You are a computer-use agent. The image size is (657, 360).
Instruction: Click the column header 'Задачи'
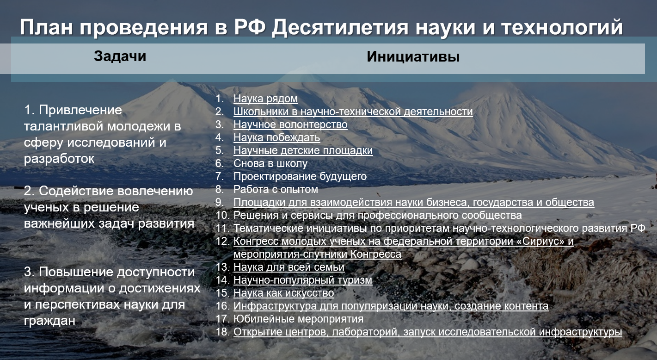[x=120, y=56]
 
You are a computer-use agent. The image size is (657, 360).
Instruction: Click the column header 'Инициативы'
[x=413, y=56]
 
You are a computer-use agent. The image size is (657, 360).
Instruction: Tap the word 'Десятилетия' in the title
[x=340, y=27]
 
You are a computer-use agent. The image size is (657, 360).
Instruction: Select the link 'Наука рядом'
[x=265, y=99]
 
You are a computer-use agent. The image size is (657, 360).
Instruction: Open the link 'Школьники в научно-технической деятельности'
[x=353, y=112]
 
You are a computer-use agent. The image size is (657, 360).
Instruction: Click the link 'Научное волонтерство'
[x=290, y=124]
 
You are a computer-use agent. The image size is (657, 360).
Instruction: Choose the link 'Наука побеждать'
[x=276, y=137]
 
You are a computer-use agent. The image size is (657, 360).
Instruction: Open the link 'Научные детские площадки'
[x=303, y=150]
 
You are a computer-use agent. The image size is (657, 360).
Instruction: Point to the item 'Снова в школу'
[x=270, y=163]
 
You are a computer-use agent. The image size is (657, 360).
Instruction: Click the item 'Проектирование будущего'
[x=300, y=176]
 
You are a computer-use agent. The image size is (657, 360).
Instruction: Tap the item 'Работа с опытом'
[x=276, y=189]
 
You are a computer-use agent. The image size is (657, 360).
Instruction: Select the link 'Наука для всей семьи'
[x=289, y=267]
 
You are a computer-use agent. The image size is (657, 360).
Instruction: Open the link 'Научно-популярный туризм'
[x=303, y=280]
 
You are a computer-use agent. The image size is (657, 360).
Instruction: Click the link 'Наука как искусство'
[x=283, y=293]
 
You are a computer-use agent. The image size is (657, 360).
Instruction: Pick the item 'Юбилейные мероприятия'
[x=298, y=319]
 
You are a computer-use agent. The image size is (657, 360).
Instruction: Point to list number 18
[x=222, y=332]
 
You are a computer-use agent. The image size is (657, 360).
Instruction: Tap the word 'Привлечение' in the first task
[x=80, y=110]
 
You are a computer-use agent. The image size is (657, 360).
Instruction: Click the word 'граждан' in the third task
[x=49, y=320]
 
